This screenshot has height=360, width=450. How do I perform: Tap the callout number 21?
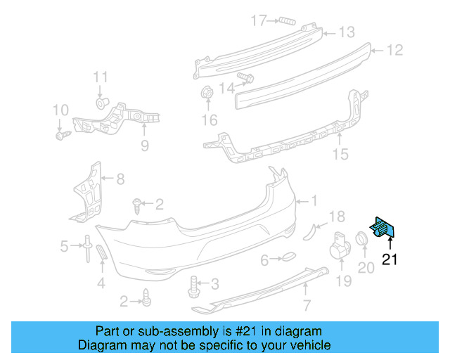pyautogui.click(x=390, y=259)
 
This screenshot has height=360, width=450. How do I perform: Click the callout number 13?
pyautogui.click(x=347, y=32)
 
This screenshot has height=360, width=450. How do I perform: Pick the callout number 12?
pyautogui.click(x=395, y=50)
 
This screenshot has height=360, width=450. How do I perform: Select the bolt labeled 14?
pyautogui.click(x=245, y=77)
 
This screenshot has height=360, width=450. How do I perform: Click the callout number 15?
pyautogui.click(x=340, y=154)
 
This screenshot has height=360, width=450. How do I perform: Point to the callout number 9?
pyautogui.click(x=144, y=146)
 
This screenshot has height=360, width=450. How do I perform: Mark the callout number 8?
pyautogui.click(x=120, y=179)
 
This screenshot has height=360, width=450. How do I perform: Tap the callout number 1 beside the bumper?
pyautogui.click(x=314, y=201)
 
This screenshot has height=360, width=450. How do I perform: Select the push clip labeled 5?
pyautogui.click(x=86, y=247)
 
